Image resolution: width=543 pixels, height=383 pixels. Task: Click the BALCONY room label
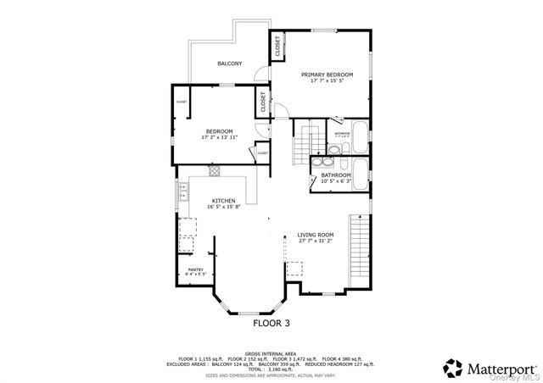(x=229, y=64)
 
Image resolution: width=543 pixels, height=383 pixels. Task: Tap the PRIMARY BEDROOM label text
(x=327, y=75)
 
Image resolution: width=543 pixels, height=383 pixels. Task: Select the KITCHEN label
(x=211, y=201)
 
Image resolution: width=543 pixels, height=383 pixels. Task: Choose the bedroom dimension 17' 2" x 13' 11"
(x=219, y=136)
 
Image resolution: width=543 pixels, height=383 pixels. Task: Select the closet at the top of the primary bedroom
(x=277, y=47)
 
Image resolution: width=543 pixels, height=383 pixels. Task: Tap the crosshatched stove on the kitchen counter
(x=215, y=169)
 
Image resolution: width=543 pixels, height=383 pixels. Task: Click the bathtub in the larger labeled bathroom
(x=360, y=175)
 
